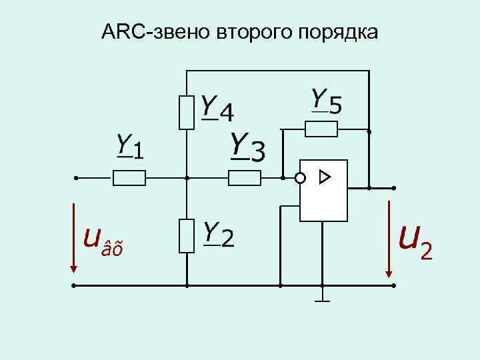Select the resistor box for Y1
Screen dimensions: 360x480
(129, 178)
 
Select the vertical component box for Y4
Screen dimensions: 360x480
(187, 111)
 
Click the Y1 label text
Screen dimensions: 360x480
(130, 147)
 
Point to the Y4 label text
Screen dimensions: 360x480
(217, 109)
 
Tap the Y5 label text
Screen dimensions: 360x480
(327, 101)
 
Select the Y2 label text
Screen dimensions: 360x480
(218, 235)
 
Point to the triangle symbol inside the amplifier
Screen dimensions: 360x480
(324, 177)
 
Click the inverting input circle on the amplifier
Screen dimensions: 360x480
(300, 178)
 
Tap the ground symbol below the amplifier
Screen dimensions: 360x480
(323, 299)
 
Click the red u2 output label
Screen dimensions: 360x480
(415, 241)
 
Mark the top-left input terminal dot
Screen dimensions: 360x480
(76, 178)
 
